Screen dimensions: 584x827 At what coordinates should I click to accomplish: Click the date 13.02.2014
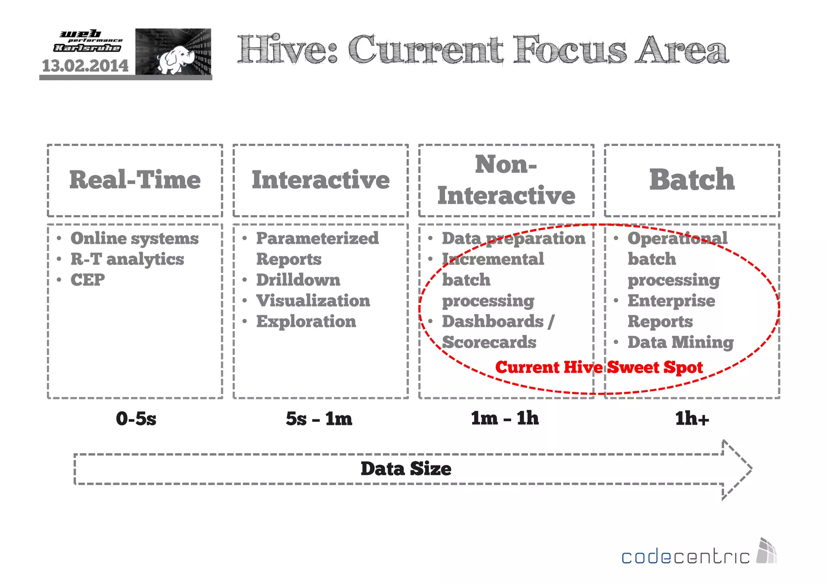pyautogui.click(x=85, y=66)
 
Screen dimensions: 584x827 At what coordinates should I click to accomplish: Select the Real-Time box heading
pyautogui.click(x=135, y=180)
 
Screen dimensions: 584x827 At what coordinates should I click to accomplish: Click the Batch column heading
pyautogui.click(x=692, y=180)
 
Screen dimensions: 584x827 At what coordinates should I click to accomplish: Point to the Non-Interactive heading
pyautogui.click(x=506, y=180)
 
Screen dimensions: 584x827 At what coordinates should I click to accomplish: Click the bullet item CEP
pyautogui.click(x=88, y=280)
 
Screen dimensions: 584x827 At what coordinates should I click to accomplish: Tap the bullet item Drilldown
pyautogui.click(x=298, y=280)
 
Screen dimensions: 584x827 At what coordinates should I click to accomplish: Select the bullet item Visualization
pyautogui.click(x=313, y=301)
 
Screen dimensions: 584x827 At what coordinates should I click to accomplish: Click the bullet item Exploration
pyautogui.click(x=306, y=322)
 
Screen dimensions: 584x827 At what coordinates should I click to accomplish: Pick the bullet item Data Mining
pyautogui.click(x=680, y=342)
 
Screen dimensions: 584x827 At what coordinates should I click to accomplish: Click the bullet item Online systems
pyautogui.click(x=134, y=238)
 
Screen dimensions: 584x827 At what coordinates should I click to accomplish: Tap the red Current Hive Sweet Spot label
pyautogui.click(x=599, y=367)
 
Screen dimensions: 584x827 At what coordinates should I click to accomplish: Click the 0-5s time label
pyautogui.click(x=136, y=419)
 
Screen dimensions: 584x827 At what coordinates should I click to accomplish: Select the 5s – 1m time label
pyautogui.click(x=319, y=419)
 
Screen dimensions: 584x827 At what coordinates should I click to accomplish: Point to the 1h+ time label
pyautogui.click(x=692, y=419)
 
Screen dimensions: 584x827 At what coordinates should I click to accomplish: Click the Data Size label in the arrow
pyautogui.click(x=406, y=469)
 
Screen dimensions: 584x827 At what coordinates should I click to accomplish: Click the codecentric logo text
pyautogui.click(x=685, y=557)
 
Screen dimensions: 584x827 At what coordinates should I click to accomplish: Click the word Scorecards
pyautogui.click(x=489, y=342)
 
